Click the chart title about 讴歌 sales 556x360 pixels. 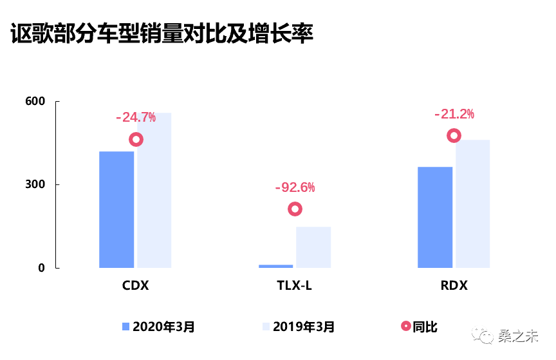pyautogui.click(x=162, y=33)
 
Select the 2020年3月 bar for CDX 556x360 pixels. pyautogui.click(x=116, y=209)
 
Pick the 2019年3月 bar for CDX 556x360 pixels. pyautogui.click(x=154, y=190)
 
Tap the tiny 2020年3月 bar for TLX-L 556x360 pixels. pyautogui.click(x=275, y=266)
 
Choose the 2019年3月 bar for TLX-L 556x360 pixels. pyautogui.click(x=313, y=247)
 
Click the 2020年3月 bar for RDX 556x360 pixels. pyautogui.click(x=435, y=217)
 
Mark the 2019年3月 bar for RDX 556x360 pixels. pyautogui.click(x=473, y=204)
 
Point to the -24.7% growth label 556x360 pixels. pyautogui.click(x=136, y=117)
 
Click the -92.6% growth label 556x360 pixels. pyautogui.click(x=295, y=187)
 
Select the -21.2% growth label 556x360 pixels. pyautogui.click(x=454, y=114)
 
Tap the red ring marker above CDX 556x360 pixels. pyautogui.click(x=136, y=140)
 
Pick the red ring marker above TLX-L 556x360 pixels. pyautogui.click(x=295, y=209)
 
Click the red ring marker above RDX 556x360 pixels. pyautogui.click(x=454, y=135)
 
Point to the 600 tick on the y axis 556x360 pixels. pyautogui.click(x=35, y=102)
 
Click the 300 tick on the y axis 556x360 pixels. pyautogui.click(x=35, y=185)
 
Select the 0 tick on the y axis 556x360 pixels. pyautogui.click(x=41, y=268)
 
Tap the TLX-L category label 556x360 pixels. pyautogui.click(x=295, y=285)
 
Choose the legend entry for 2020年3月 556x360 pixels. pyautogui.click(x=158, y=327)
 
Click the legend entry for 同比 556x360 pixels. pyautogui.click(x=419, y=327)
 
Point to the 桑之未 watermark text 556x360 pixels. pyautogui.click(x=518, y=336)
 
